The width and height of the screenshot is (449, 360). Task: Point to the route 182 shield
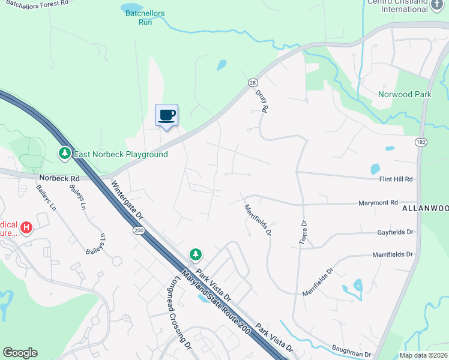point(420,141)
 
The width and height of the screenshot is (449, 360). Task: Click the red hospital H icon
point(26,228)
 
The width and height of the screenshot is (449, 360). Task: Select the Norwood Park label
point(405,94)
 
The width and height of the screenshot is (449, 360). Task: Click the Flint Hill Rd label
point(396,179)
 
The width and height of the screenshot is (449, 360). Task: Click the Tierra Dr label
point(304,230)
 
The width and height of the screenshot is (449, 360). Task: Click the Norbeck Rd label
point(59,178)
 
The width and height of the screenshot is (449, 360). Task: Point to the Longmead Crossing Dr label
point(173,312)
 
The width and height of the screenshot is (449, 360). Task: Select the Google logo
point(20,353)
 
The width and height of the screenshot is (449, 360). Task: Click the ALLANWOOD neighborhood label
point(424,207)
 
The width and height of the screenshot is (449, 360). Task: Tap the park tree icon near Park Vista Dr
point(195,255)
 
